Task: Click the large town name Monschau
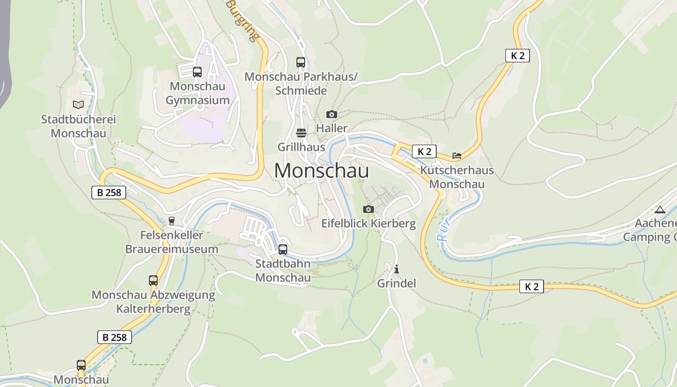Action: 322,171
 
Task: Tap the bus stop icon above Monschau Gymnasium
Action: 197,72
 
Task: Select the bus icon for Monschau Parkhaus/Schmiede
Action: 301,62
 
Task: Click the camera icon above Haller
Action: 332,115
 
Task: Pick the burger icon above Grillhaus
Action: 301,133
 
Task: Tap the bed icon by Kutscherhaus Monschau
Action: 457,156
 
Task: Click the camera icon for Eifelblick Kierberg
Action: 368,209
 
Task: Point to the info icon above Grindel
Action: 397,269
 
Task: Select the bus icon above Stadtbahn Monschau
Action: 283,250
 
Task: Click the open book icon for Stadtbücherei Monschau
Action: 78,104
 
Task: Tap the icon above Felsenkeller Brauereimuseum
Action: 171,221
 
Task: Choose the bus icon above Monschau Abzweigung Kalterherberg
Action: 153,281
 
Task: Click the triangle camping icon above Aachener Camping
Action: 660,210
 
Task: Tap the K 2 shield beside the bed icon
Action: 424,151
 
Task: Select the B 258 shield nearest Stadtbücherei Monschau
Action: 109,193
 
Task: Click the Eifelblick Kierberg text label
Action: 368,223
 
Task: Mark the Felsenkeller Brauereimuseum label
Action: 172,242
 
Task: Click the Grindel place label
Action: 397,283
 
